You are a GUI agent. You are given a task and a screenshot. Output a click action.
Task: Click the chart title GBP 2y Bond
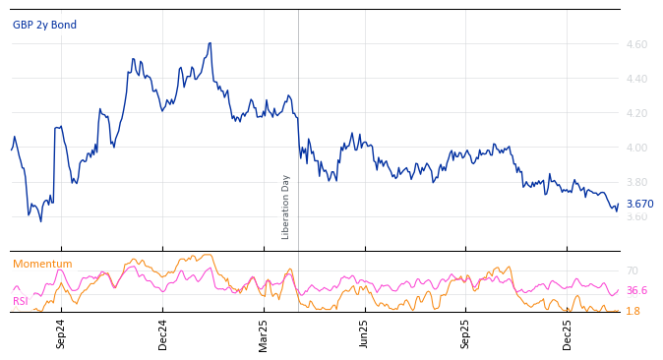[44, 25]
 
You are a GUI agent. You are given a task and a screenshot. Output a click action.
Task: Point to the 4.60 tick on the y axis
[636, 44]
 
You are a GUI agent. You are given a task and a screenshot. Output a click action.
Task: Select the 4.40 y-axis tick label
[636, 79]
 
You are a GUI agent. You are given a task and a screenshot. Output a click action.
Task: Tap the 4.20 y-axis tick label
[636, 113]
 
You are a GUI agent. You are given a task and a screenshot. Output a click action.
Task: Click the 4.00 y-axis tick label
[636, 148]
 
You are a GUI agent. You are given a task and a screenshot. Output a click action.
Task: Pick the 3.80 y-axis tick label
[636, 182]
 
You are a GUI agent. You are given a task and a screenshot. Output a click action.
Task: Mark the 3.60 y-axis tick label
[636, 216]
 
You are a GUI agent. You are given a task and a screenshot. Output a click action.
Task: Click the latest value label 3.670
[639, 204]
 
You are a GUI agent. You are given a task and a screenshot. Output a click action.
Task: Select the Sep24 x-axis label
[61, 333]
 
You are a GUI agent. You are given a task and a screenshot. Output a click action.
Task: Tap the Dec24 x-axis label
[163, 333]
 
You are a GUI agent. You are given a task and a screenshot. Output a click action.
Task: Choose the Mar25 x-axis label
[264, 333]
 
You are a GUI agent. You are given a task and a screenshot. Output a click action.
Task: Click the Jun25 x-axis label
[365, 333]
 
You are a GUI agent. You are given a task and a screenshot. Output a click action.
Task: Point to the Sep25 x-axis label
[466, 333]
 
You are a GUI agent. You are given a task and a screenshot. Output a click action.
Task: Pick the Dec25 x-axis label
[568, 333]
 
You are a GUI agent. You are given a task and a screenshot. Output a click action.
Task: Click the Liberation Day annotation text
[286, 207]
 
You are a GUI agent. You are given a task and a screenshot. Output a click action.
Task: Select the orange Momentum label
[42, 264]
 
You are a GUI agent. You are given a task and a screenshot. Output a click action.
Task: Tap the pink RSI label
[21, 301]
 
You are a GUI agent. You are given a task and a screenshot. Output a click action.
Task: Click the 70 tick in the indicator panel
[633, 270]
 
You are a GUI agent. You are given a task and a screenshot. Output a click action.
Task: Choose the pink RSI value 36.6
[636, 290]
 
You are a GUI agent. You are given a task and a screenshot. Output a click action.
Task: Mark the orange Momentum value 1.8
[633, 311]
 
